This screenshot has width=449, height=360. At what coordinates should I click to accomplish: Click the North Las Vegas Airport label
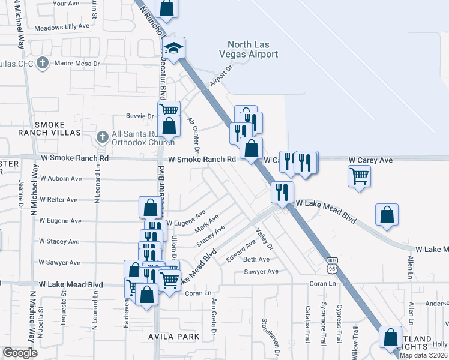253,49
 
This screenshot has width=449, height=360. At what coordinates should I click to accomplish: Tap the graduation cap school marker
174,48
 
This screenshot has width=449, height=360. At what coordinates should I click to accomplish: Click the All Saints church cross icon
102,138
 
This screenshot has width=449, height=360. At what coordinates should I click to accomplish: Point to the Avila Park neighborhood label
174,337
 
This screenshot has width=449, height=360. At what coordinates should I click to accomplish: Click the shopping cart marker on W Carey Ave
359,176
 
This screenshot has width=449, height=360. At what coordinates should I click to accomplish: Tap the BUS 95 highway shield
332,263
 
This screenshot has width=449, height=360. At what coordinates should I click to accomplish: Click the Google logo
20,353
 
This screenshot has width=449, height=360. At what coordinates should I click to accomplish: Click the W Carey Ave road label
371,160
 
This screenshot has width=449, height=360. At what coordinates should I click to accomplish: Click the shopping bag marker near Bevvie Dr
169,127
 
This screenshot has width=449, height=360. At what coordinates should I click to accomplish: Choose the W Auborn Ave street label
61,179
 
